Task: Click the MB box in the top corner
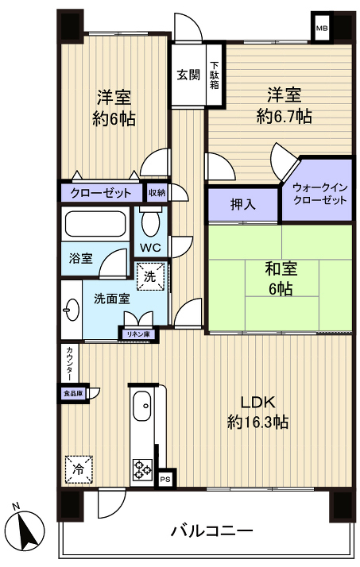322,30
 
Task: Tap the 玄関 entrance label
188,75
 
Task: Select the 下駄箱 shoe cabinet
215,75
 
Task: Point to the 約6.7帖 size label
284,116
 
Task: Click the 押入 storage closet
242,204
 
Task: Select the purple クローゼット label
100,192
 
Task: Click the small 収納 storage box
157,192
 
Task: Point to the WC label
151,247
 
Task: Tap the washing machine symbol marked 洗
151,276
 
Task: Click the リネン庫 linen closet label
138,334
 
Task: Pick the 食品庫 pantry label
72,391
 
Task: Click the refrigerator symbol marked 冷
77,468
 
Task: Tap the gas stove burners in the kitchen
143,469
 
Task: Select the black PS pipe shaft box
165,479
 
